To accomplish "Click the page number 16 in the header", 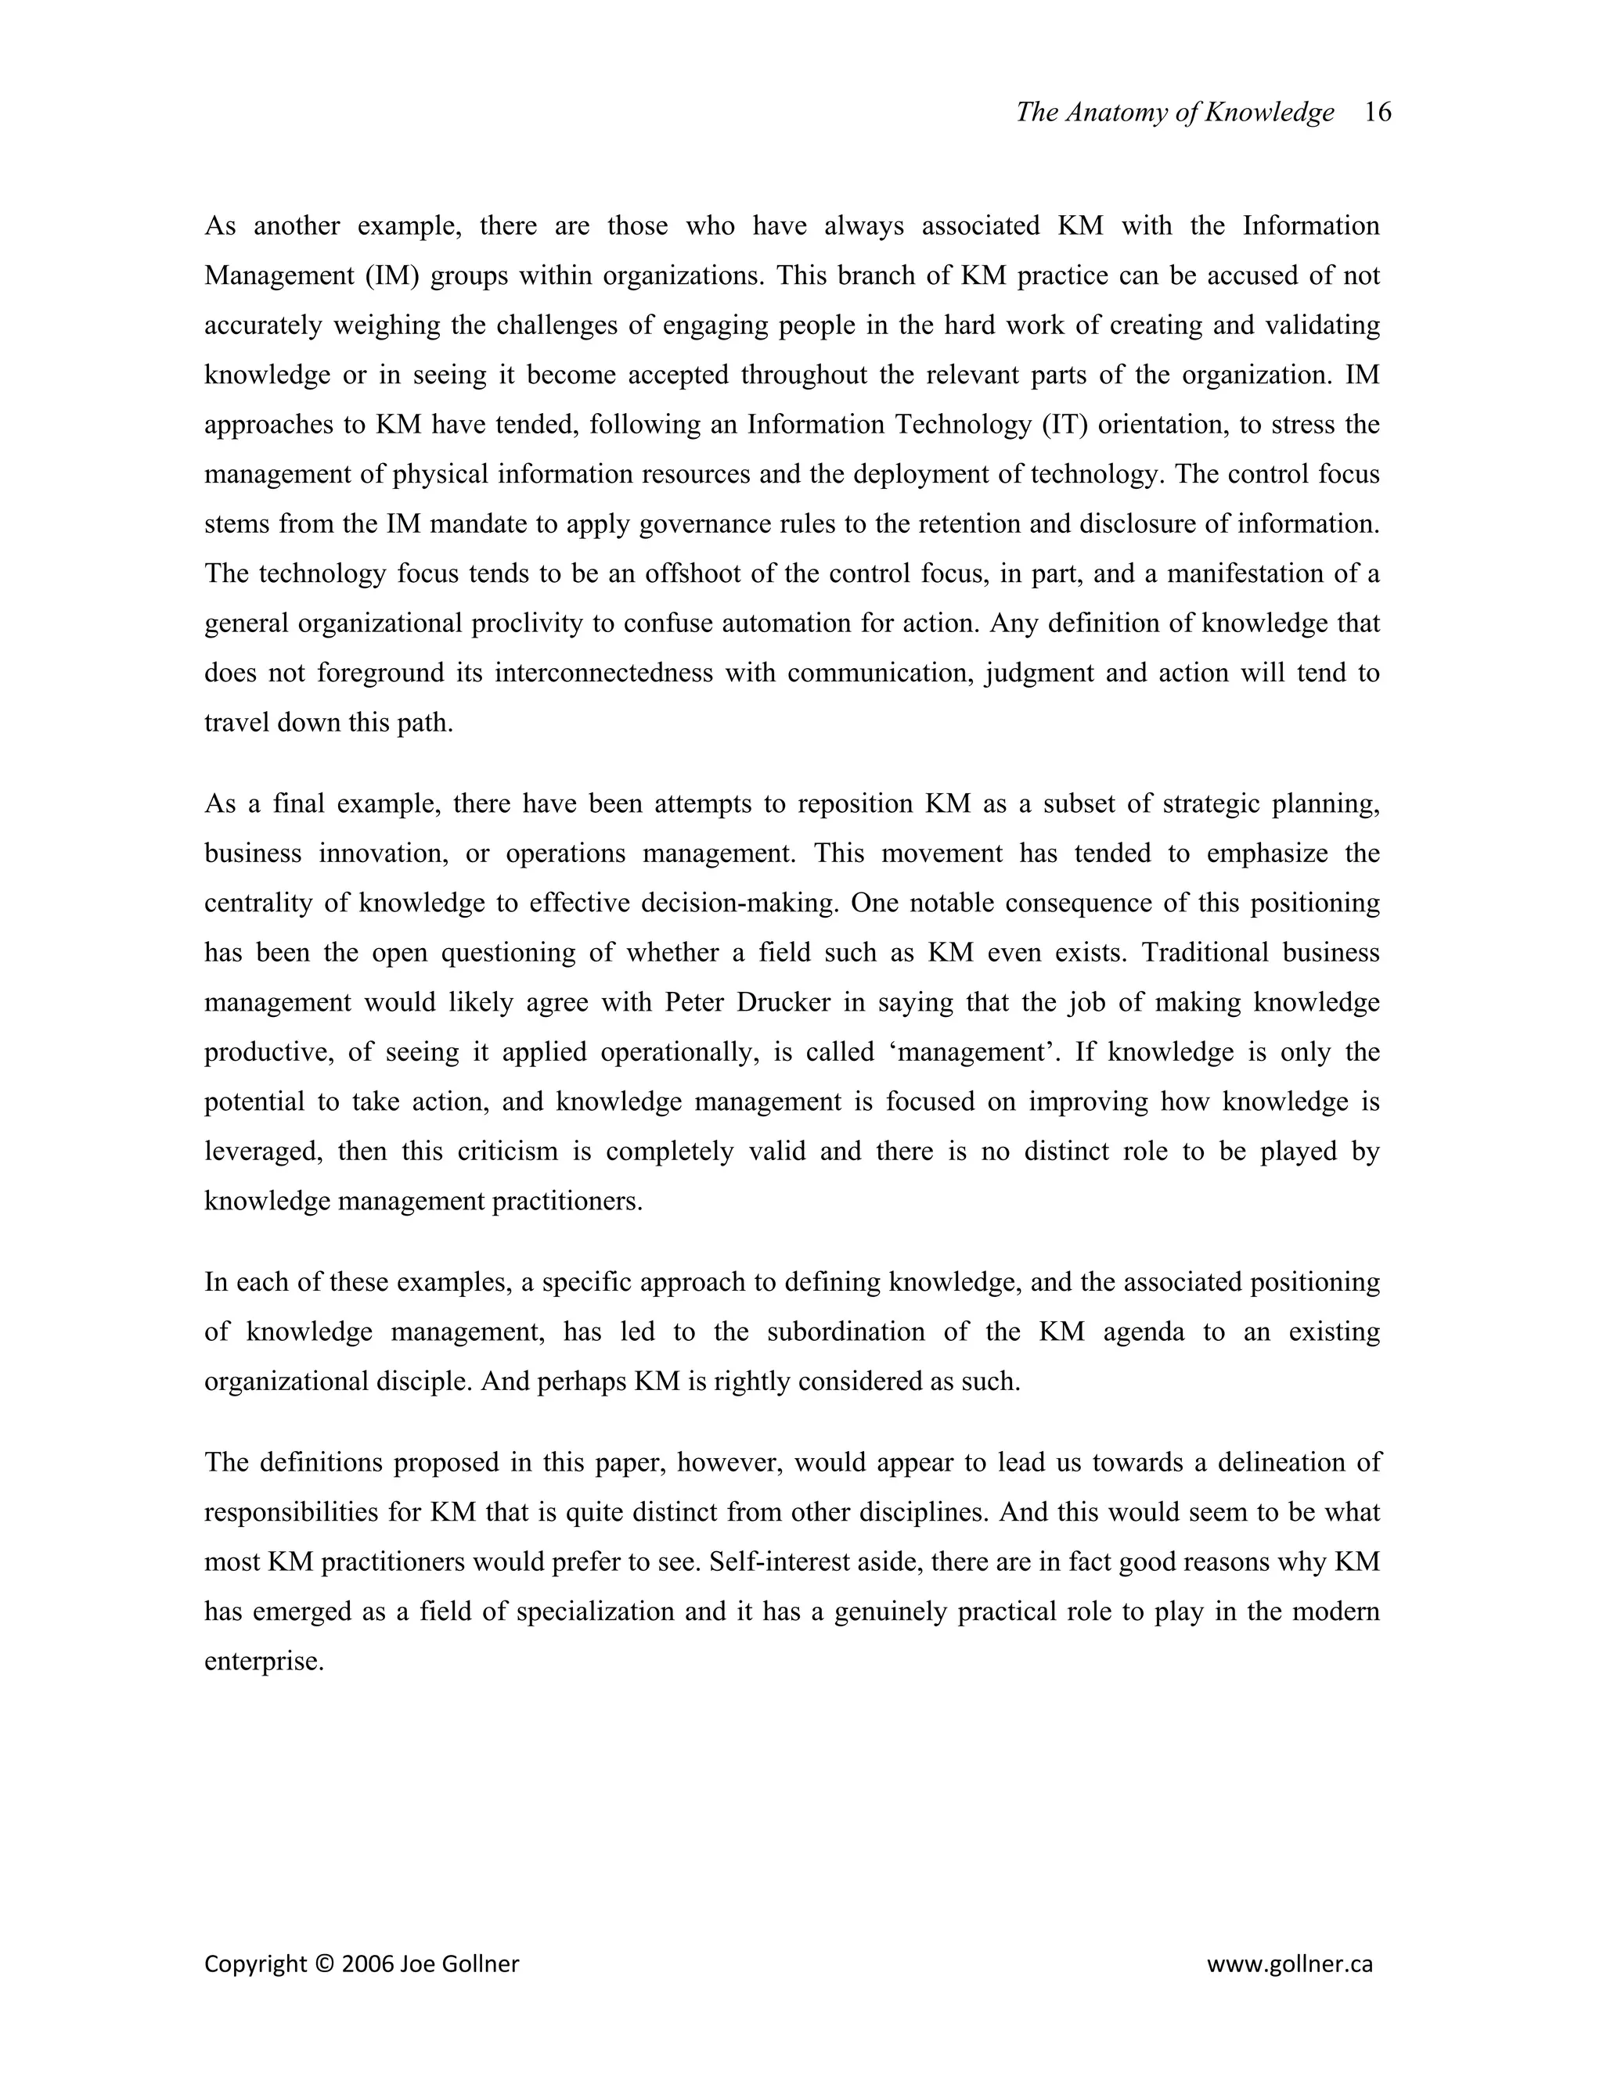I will click(x=1377, y=113).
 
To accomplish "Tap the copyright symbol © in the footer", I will click(x=325, y=1963).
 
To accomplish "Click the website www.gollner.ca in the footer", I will click(x=1290, y=1963).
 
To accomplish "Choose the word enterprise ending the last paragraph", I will click(x=264, y=1661).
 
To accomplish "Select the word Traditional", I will click(x=1203, y=952).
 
